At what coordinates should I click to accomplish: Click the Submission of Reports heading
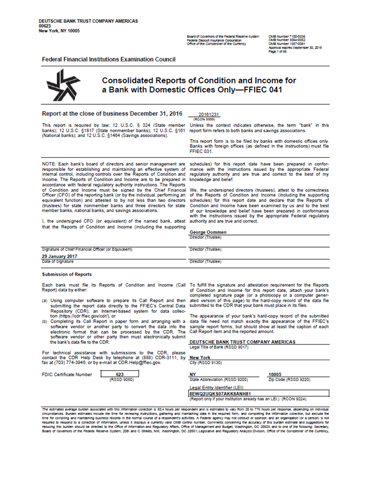point(67,274)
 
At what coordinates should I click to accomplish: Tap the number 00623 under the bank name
point(45,26)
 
